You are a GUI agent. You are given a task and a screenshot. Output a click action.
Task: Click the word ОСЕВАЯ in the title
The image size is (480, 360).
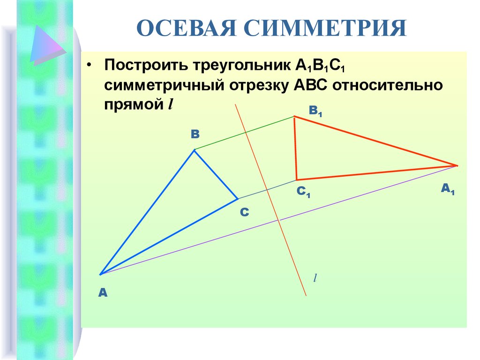pyautogui.click(x=187, y=28)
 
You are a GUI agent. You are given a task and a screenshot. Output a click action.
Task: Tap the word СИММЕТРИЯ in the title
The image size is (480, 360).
pyautogui.click(x=325, y=28)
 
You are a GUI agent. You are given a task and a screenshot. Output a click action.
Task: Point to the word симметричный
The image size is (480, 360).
pyautogui.click(x=165, y=85)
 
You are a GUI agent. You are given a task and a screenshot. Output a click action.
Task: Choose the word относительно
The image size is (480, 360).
pyautogui.click(x=388, y=85)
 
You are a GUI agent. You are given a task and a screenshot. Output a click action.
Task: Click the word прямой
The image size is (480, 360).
pyautogui.click(x=134, y=105)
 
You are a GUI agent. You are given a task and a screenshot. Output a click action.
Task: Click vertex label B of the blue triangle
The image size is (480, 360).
pyautogui.click(x=195, y=134)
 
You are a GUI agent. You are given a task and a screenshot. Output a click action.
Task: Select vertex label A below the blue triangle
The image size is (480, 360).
pyautogui.click(x=103, y=293)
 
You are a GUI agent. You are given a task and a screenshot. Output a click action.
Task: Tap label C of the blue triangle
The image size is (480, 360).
pyautogui.click(x=244, y=212)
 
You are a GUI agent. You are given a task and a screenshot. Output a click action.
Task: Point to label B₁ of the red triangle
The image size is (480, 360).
pyautogui.click(x=315, y=111)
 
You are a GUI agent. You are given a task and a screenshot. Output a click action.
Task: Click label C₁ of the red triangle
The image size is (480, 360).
pyautogui.click(x=303, y=192)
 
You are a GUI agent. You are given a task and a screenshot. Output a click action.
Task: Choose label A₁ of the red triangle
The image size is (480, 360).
pyautogui.click(x=448, y=189)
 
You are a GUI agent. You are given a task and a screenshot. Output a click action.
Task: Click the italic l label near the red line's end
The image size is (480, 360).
pyautogui.click(x=315, y=278)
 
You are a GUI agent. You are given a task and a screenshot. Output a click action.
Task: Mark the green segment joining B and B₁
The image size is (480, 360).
pyautogui.click(x=244, y=133)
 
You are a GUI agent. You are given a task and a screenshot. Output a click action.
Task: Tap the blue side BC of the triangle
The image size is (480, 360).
pyautogui.click(x=216, y=174)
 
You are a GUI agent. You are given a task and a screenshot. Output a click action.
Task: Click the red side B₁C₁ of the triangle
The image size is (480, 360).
pyautogui.click(x=295, y=148)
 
